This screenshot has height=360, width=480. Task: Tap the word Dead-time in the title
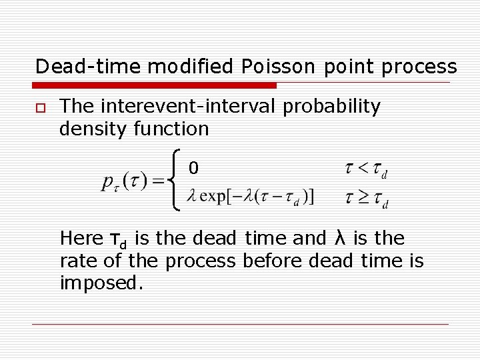point(88,67)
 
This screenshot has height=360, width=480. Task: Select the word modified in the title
point(190,67)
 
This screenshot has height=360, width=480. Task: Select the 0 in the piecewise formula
point(193,169)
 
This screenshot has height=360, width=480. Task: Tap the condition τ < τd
point(366,169)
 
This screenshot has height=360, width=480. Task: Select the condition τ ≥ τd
point(366,199)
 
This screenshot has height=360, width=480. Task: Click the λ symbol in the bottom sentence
point(337,238)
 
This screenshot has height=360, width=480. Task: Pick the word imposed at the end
point(101,283)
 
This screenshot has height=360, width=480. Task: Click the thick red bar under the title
point(155,85)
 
